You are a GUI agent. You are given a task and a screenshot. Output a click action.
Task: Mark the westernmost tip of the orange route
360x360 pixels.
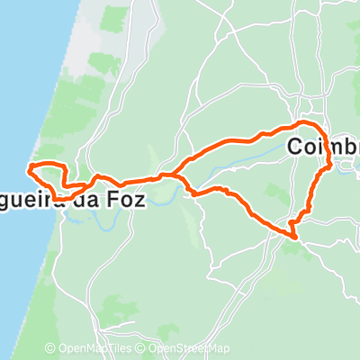point(31,168)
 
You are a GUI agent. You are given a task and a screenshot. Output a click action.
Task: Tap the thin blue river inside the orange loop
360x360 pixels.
point(243,163)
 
